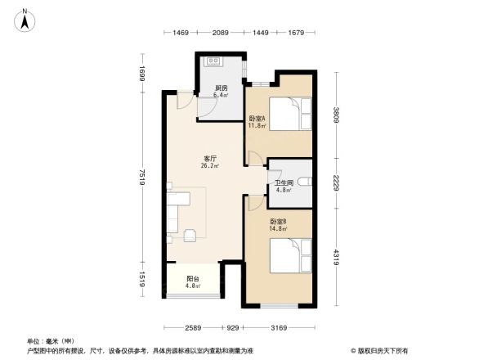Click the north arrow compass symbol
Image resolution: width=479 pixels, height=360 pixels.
click(25, 19)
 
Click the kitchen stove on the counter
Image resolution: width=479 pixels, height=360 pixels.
click(215, 61)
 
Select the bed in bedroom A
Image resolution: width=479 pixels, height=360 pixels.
click(289, 113)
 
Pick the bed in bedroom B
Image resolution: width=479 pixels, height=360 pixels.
click(290, 254)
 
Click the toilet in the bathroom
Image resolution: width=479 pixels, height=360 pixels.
click(305, 181)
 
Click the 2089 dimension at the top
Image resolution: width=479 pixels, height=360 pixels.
click(220, 32)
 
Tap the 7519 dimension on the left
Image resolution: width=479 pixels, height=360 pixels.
click(141, 178)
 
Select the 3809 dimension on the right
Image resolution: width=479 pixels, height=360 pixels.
click(335, 115)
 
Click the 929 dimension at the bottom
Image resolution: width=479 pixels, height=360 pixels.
click(233, 328)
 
